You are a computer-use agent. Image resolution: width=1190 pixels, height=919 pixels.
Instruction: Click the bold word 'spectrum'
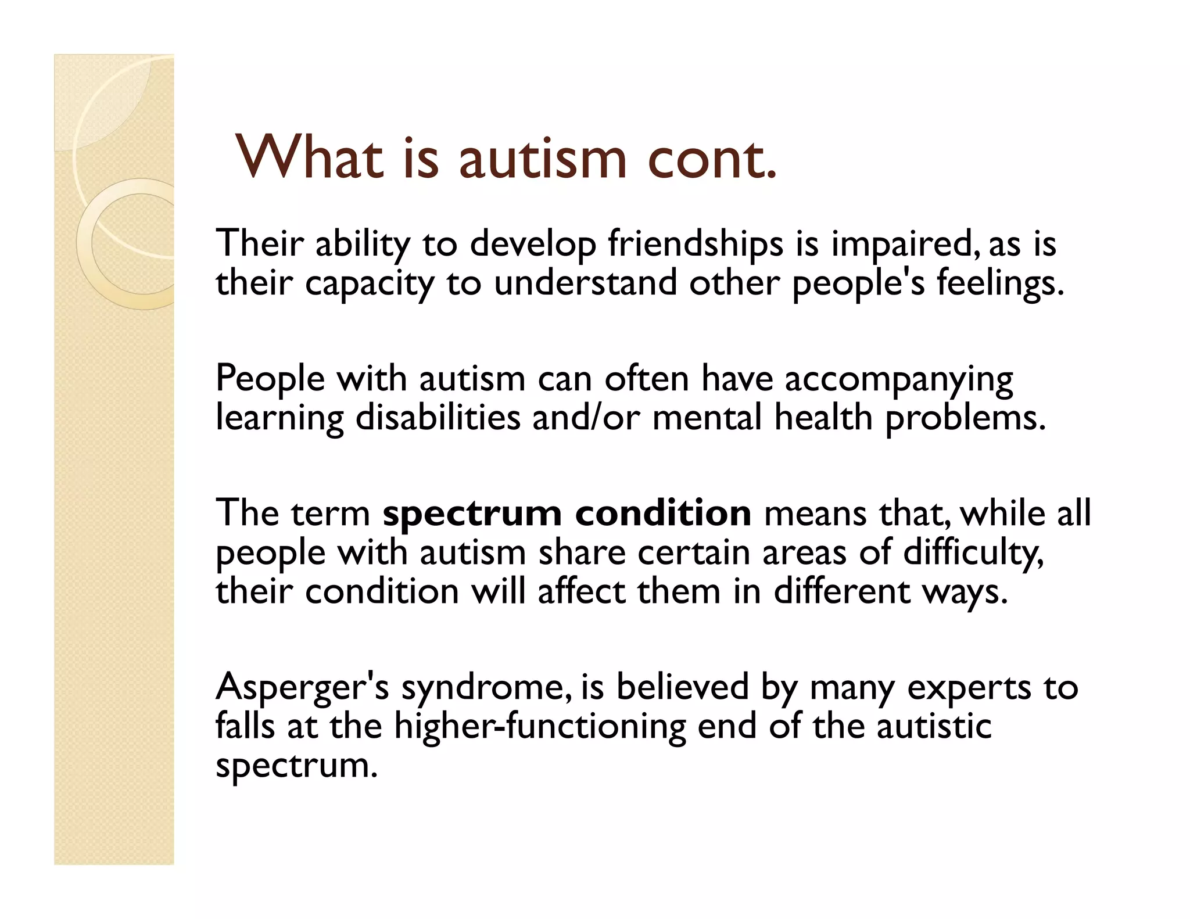472,515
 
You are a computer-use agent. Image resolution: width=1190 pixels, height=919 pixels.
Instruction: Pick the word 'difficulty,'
973,553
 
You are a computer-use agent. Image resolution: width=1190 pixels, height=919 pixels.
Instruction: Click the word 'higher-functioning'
540,727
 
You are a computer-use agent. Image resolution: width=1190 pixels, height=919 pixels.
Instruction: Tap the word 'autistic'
934,726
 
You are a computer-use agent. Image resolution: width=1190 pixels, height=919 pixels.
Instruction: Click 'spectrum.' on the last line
296,766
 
